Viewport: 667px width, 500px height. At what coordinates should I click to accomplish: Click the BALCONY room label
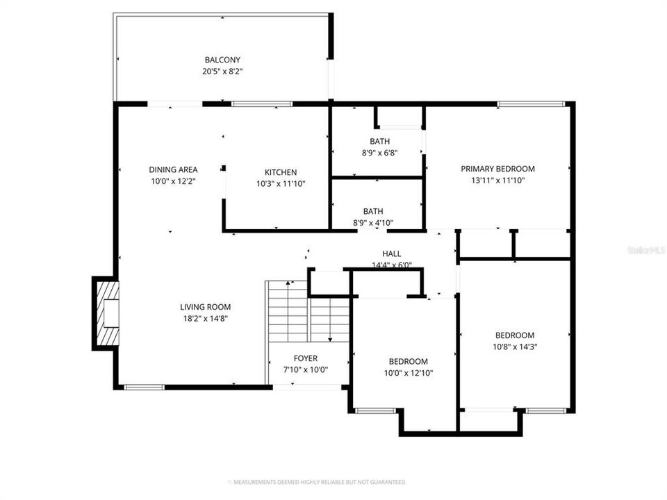[222, 60]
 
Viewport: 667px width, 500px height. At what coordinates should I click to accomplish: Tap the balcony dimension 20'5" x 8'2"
[222, 71]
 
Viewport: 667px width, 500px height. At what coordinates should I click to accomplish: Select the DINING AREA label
[173, 169]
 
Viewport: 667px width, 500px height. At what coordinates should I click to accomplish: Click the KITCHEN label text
[281, 173]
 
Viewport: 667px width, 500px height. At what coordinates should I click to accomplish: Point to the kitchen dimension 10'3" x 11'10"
[281, 184]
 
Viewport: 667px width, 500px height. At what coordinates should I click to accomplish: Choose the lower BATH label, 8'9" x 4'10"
[373, 212]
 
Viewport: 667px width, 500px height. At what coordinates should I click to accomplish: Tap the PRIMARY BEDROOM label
[498, 169]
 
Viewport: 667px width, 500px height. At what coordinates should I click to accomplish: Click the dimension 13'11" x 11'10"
[498, 180]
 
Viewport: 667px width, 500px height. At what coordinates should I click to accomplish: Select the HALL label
[392, 253]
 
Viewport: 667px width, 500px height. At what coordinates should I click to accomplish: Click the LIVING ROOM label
[205, 307]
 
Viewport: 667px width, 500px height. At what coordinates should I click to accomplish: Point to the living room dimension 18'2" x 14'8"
[205, 318]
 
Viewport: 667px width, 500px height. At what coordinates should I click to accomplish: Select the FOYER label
[306, 358]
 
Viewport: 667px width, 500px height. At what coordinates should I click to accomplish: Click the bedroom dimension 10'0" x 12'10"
[408, 373]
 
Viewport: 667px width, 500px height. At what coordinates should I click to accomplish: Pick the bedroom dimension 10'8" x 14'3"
[515, 346]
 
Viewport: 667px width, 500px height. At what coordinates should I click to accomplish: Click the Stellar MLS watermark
[645, 249]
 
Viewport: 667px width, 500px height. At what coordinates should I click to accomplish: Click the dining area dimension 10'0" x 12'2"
[173, 181]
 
